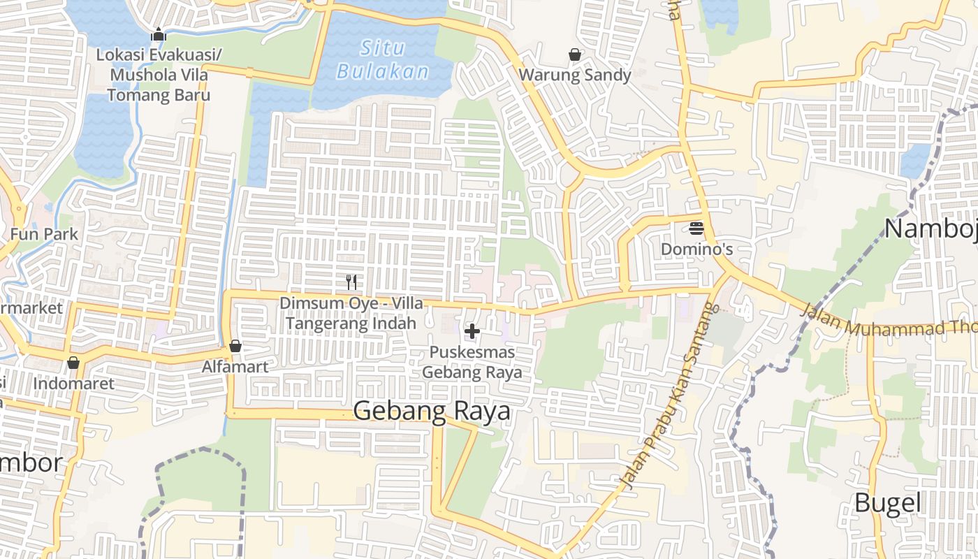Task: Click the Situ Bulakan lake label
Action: tap(382, 59)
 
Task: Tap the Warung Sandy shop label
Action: tap(575, 75)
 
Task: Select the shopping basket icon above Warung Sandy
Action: tap(575, 55)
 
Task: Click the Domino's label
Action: tap(696, 249)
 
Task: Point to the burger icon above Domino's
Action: tap(696, 228)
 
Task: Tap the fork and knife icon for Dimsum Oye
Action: tap(351, 282)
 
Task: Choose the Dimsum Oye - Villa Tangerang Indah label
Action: tap(351, 313)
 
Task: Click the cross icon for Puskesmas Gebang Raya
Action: tap(472, 331)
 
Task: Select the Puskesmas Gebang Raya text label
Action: tap(472, 362)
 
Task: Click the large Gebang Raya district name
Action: tap(432, 412)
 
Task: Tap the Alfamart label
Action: tap(235, 366)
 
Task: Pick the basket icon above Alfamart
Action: tap(235, 346)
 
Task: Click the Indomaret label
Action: tap(73, 384)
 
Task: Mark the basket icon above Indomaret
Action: tap(73, 363)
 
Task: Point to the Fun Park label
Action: tap(44, 234)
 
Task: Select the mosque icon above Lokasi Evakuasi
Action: tap(159, 34)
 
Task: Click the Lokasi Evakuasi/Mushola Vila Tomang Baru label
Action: tap(159, 75)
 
